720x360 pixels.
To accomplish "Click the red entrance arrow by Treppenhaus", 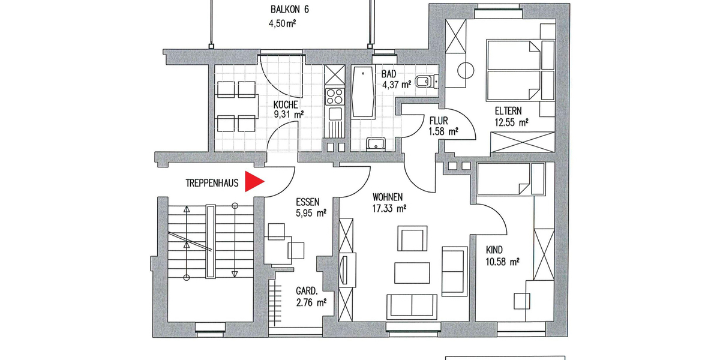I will [254, 182].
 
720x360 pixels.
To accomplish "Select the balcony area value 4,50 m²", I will [283, 25].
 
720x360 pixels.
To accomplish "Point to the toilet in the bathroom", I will [427, 81].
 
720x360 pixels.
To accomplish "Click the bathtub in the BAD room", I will [363, 93].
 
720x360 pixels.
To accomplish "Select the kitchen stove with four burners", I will [334, 95].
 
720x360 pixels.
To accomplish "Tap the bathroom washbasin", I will [376, 143].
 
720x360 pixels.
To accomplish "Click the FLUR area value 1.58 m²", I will [443, 131].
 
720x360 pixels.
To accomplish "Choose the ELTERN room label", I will [508, 111].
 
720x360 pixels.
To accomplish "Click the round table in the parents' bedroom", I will [466, 70].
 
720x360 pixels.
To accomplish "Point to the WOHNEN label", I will [388, 197].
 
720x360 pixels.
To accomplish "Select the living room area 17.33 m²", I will [389, 209].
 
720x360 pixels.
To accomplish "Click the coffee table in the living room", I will [412, 272].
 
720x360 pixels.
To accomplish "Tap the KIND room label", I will [494, 250].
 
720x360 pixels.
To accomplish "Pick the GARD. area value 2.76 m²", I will [310, 303].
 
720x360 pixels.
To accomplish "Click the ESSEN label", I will [308, 202].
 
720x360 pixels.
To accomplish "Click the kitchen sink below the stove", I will [334, 113].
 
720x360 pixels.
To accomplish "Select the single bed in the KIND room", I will [504, 179].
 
